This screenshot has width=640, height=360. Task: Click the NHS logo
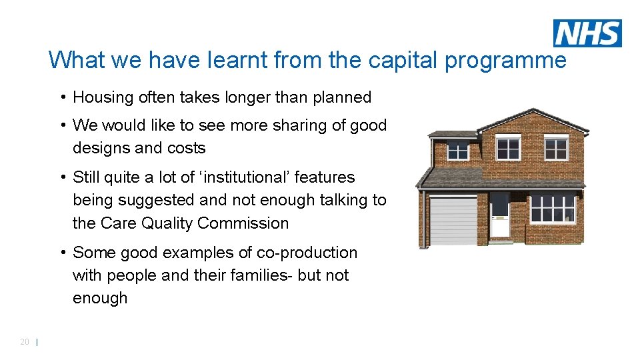point(587,33)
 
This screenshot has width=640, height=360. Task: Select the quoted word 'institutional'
point(243,177)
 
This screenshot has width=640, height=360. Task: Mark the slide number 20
point(25,342)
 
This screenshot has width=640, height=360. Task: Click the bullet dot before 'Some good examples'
point(61,253)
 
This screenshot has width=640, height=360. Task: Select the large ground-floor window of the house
point(552,207)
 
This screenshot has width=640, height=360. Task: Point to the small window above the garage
point(457,151)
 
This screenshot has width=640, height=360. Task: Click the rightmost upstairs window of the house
point(555,148)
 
